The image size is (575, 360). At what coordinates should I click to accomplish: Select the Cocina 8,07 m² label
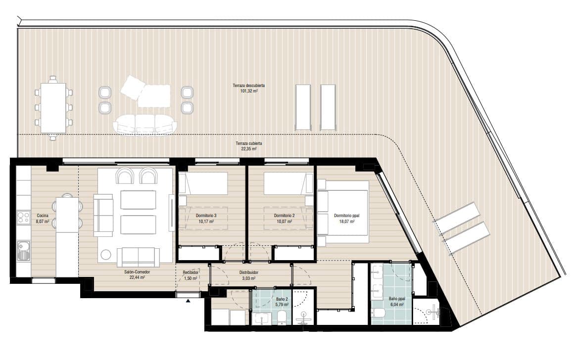43,219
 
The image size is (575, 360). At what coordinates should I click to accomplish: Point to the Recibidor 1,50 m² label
191,275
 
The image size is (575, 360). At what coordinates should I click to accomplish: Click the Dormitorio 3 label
206,219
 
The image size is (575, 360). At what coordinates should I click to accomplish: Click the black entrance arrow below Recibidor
188,300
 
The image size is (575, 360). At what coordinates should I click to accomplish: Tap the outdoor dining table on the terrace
53,107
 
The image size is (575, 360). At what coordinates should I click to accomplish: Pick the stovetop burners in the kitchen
23,218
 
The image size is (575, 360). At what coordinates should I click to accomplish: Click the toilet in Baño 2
283,317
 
